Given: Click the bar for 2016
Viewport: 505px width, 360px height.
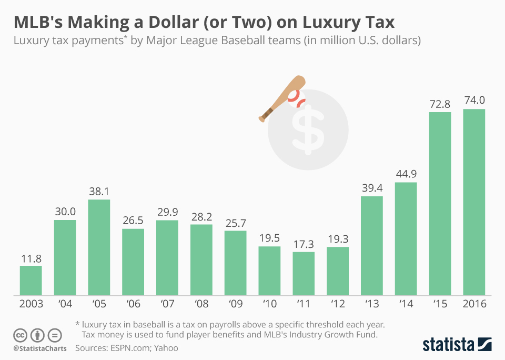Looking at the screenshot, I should pyautogui.click(x=474, y=202).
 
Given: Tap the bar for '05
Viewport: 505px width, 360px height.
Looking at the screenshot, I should pyautogui.click(x=99, y=247).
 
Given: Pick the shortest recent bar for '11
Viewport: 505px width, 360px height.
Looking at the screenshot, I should pyautogui.click(x=304, y=273).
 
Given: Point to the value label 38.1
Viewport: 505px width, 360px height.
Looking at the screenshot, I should pyautogui.click(x=99, y=190).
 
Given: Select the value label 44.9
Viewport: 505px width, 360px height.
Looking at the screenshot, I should pyautogui.click(x=406, y=173).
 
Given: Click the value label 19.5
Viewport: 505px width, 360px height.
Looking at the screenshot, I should pyautogui.click(x=269, y=237).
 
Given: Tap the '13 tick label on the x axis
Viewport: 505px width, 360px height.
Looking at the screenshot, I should pyautogui.click(x=372, y=304).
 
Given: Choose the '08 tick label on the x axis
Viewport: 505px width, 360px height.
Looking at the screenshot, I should pyautogui.click(x=201, y=304).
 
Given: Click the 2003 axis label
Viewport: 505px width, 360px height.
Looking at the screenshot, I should pyautogui.click(x=31, y=304).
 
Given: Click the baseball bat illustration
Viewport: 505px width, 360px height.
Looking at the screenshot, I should pyautogui.click(x=282, y=98).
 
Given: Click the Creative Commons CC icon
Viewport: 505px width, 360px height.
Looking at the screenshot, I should pyautogui.click(x=20, y=335).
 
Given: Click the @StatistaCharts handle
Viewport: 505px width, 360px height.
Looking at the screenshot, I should pyautogui.click(x=40, y=348).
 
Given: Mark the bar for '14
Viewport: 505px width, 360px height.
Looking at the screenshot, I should pyautogui.click(x=406, y=238).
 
